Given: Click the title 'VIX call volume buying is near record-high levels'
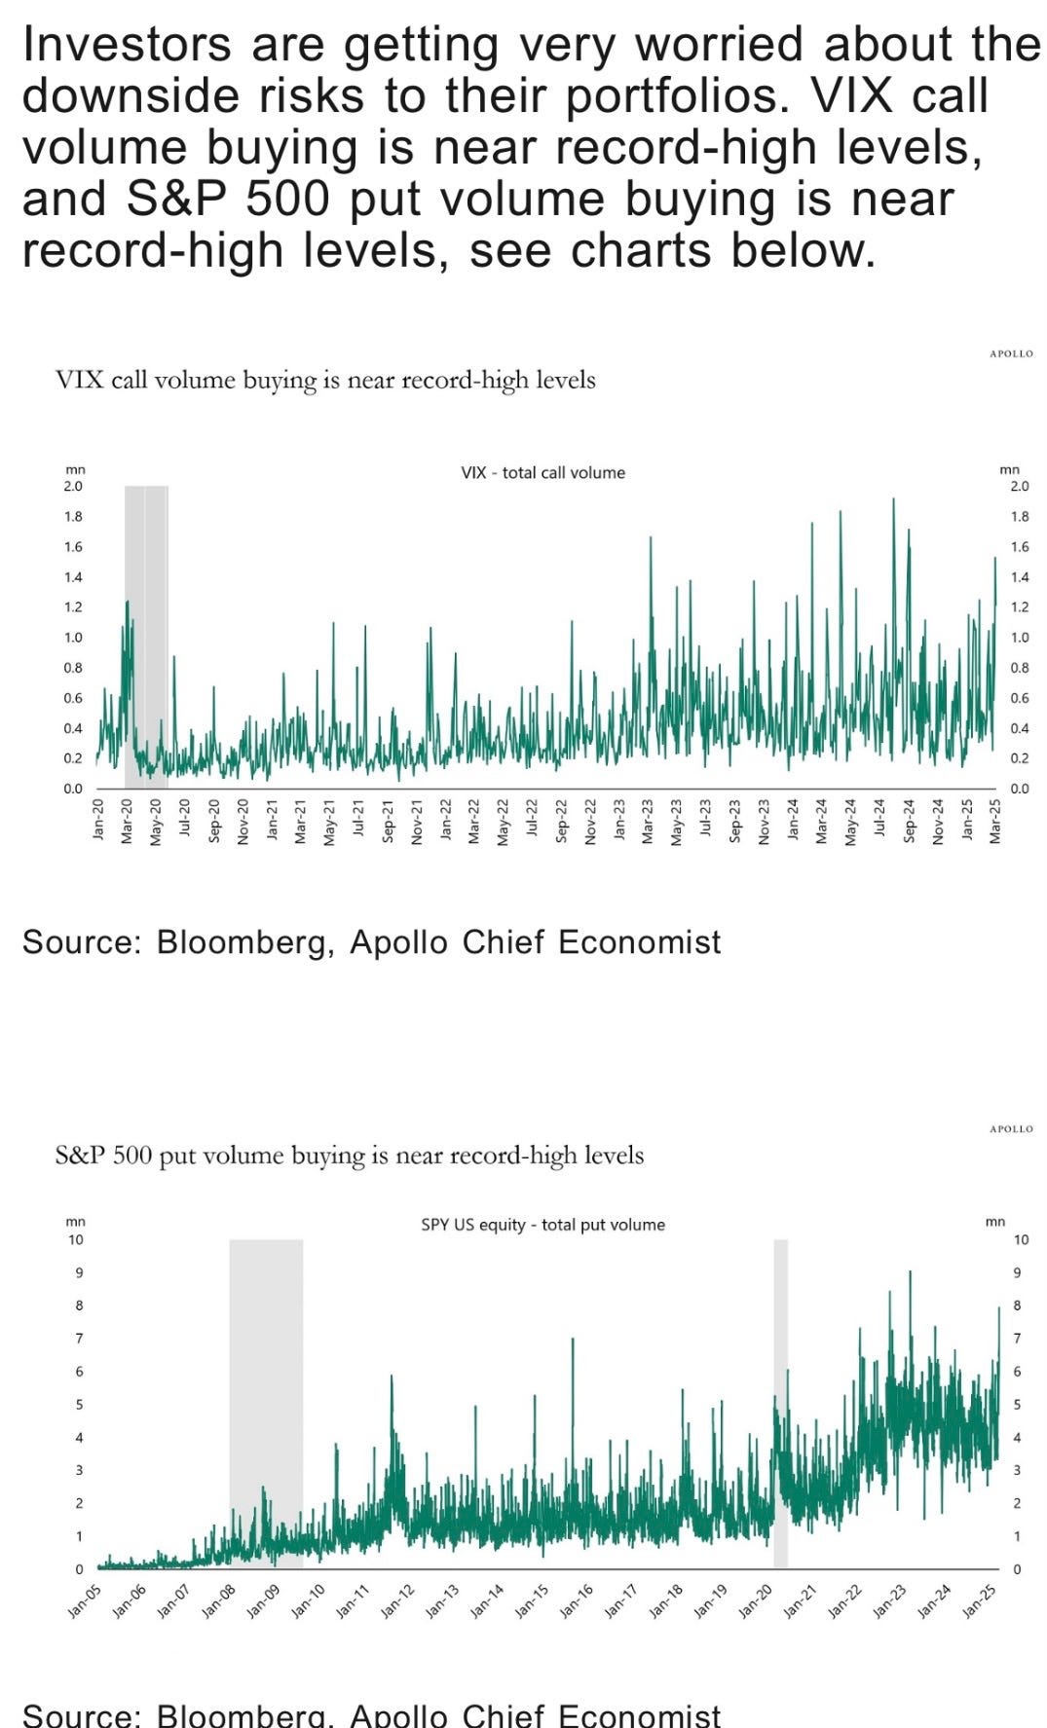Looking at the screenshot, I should [x=325, y=380].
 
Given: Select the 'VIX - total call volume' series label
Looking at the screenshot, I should [x=542, y=473].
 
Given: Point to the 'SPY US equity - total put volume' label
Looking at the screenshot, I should [x=542, y=1225].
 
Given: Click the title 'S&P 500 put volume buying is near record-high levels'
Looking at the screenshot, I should [x=350, y=1156].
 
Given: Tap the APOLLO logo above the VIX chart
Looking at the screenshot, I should [x=1011, y=354].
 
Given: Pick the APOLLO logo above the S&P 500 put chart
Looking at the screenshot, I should [x=1011, y=1129].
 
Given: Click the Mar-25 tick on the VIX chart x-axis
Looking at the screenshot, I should [x=995, y=821].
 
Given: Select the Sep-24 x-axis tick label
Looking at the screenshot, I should [x=910, y=821].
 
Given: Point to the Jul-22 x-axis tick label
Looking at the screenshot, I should [x=533, y=821].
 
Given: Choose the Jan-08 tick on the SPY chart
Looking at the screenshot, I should [x=219, y=1600].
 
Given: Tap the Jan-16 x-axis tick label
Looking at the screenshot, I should [x=577, y=1600].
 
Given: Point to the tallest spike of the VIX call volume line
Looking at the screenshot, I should [x=893, y=500].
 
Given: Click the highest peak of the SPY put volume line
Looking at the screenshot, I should [x=910, y=1272].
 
